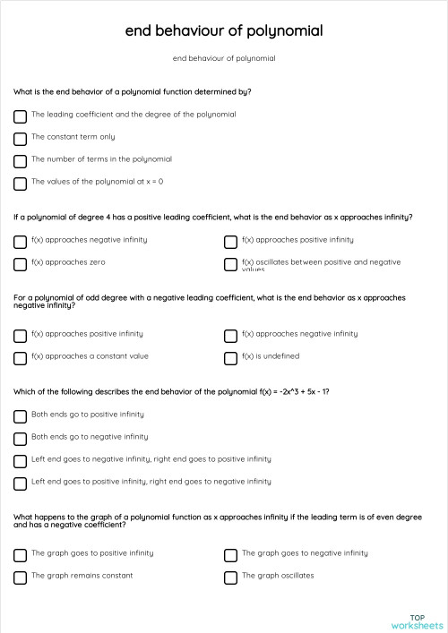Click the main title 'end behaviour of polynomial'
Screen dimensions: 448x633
click(x=224, y=31)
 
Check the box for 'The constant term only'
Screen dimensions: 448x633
click(x=20, y=139)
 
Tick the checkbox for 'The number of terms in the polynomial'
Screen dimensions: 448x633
click(x=20, y=161)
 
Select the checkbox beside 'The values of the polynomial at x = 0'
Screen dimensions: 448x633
click(x=20, y=184)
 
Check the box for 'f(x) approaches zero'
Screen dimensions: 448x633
click(x=20, y=264)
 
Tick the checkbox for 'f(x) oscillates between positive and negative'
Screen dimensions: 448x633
click(x=230, y=264)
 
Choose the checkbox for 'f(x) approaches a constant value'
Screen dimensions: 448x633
click(x=20, y=358)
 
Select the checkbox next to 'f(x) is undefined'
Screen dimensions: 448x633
click(x=230, y=358)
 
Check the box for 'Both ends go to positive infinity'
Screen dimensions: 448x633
click(x=20, y=416)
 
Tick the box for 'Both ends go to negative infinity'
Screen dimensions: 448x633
click(x=20, y=439)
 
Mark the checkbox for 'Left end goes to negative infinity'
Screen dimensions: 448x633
click(x=20, y=461)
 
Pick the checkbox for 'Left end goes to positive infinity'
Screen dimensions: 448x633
click(x=20, y=483)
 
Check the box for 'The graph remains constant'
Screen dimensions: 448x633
click(x=20, y=577)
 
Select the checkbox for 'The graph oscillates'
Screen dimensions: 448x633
click(x=230, y=577)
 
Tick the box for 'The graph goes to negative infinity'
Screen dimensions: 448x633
click(x=230, y=555)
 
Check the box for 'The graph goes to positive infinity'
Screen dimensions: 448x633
click(x=20, y=555)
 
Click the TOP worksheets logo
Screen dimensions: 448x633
click(x=417, y=621)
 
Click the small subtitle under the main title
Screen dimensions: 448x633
click(x=224, y=58)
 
